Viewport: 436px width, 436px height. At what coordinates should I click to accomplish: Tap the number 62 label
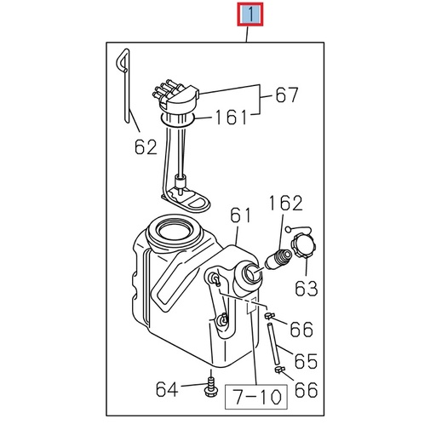point(145,146)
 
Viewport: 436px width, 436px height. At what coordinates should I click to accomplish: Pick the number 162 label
point(285,204)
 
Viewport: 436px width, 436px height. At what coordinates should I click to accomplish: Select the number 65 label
point(305,360)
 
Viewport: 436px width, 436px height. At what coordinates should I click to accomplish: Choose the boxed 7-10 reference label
point(255,396)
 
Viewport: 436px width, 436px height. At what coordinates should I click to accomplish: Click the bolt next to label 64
point(209,387)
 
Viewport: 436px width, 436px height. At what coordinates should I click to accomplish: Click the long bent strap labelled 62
point(128,85)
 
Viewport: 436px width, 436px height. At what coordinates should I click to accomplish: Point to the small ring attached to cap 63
point(290,228)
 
